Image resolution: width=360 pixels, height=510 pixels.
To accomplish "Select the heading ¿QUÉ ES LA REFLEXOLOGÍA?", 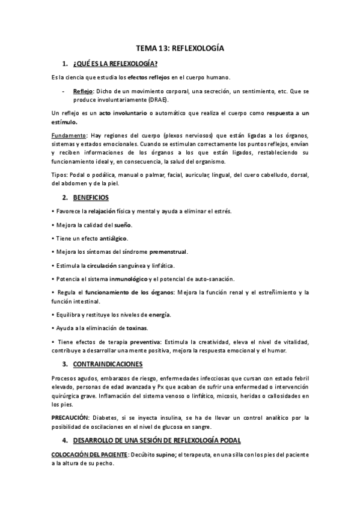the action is coord(115,64).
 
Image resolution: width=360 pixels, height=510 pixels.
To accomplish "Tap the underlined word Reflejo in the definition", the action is coord(83,91).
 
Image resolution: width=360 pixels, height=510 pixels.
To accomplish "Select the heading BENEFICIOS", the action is coord(93,197).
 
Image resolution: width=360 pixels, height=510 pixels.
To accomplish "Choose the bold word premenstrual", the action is coord(170,251).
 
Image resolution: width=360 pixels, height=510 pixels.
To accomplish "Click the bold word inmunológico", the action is coord(129,278).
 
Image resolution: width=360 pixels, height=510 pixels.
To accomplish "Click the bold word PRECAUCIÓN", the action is coord(72,417).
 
